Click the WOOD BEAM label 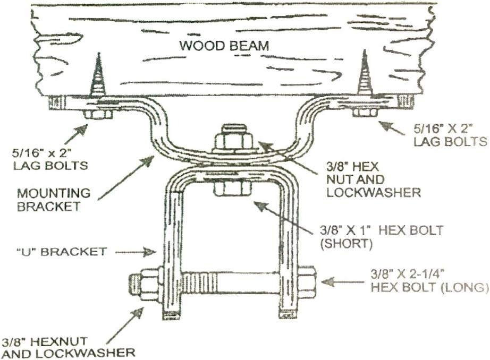pos(224,46)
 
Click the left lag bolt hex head pos(98,114)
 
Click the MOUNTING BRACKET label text pos(53,199)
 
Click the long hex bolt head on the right pos(307,281)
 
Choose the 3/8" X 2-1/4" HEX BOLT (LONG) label pos(428,281)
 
